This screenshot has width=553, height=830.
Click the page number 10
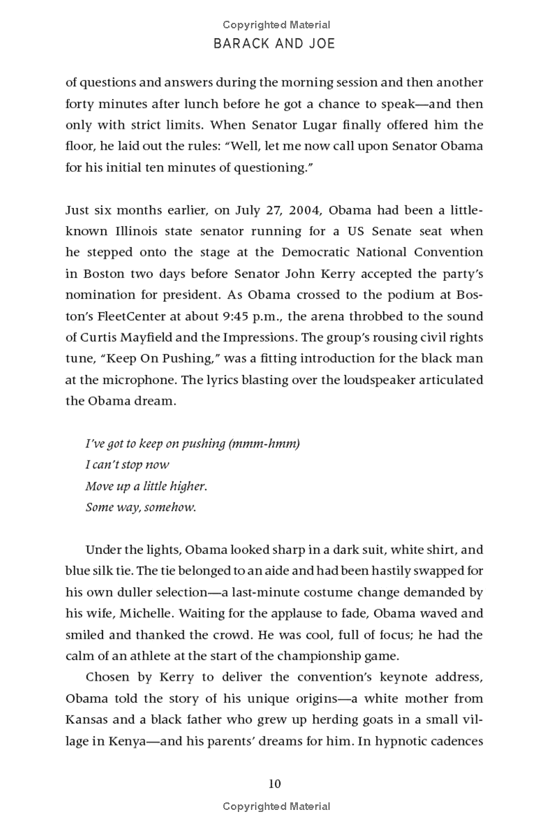point(275,784)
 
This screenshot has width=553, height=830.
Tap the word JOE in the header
point(320,44)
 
